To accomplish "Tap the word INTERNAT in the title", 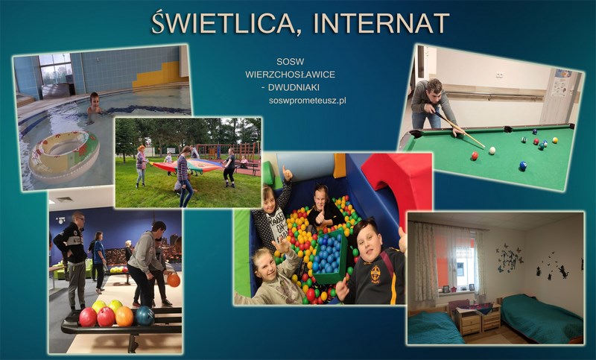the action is [x=381, y=24].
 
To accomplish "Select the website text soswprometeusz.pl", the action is [x=307, y=101].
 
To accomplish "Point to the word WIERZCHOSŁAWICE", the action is [x=290, y=75].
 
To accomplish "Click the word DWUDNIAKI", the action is [x=294, y=87].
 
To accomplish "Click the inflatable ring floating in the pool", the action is [x=64, y=155].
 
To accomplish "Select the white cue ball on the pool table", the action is [x=492, y=150].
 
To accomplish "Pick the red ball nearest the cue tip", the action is [x=475, y=156].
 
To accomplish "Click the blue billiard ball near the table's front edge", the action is [x=523, y=165].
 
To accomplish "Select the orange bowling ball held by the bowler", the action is [x=174, y=280].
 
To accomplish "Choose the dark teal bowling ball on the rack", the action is [x=145, y=315].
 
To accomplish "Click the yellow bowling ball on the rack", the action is [x=99, y=306].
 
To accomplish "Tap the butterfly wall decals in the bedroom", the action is [x=510, y=259].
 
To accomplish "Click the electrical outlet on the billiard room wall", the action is [x=499, y=75].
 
